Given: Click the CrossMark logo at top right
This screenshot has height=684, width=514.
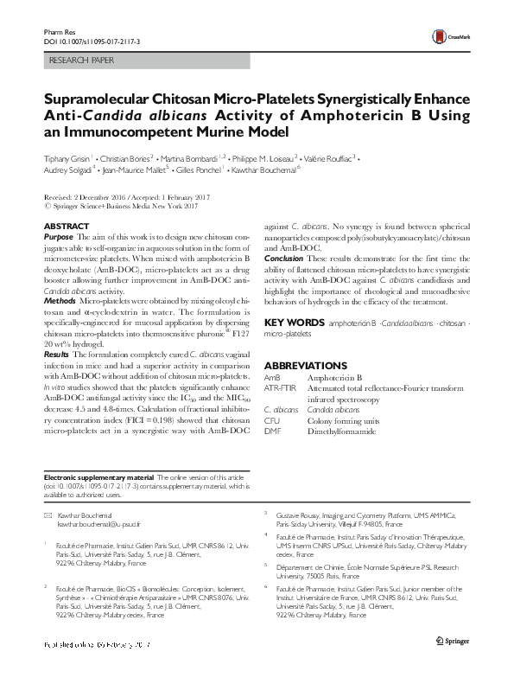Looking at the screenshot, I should point(453,35).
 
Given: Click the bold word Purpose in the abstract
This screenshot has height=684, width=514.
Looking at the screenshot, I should point(58,236).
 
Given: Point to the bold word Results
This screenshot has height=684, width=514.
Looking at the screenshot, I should point(58,354).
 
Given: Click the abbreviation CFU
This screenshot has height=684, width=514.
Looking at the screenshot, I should point(271,419).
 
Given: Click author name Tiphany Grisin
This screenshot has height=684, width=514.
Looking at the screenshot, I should point(70,159).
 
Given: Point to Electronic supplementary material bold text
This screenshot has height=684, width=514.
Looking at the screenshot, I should point(98,478).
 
